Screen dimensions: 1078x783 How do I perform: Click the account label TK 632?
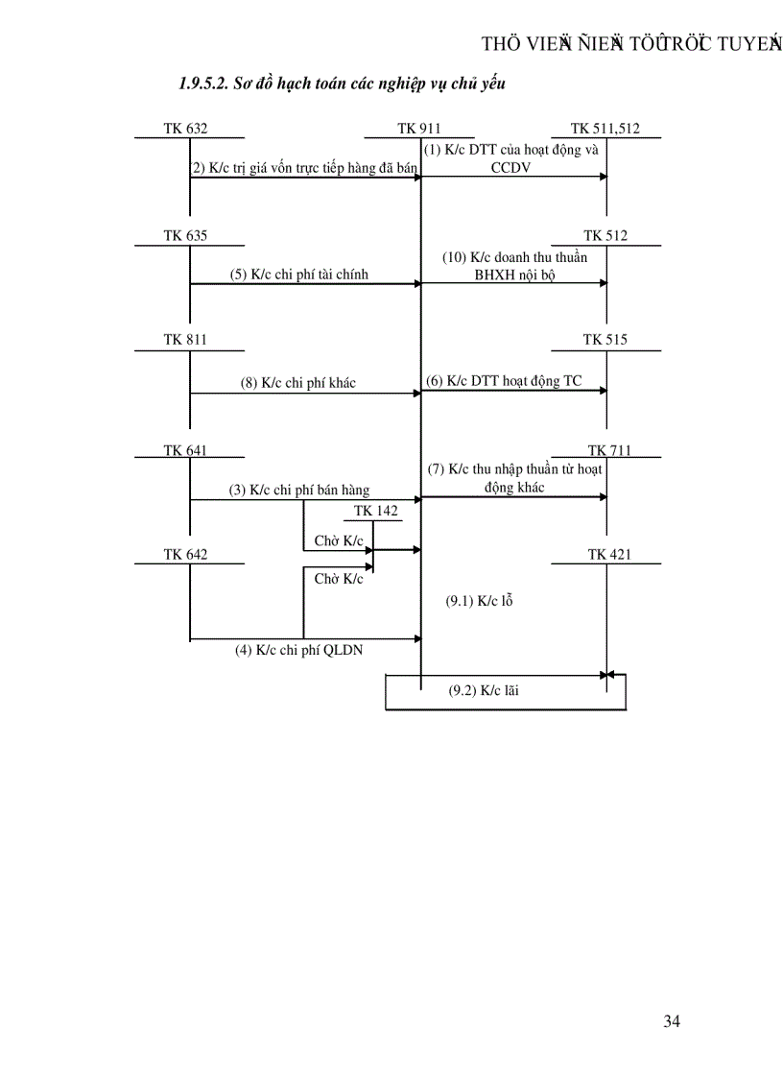[185, 129]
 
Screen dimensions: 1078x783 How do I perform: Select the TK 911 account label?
[418, 129]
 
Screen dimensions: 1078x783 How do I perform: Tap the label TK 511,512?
[605, 129]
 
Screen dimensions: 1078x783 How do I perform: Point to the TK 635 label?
[185, 236]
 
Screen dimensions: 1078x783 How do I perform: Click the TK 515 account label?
[605, 340]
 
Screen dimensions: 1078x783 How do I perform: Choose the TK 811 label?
[185, 340]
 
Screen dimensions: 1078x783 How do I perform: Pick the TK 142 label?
[375, 511]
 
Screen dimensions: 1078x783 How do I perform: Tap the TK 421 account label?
[609, 555]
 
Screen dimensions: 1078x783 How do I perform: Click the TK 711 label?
[609, 451]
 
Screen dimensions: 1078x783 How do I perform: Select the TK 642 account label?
[185, 555]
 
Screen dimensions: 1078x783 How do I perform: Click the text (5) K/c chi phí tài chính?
[298, 275]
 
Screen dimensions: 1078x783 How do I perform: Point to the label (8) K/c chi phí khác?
[297, 383]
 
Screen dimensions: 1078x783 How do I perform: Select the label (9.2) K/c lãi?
[484, 690]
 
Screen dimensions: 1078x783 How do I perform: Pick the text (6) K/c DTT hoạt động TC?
[504, 381]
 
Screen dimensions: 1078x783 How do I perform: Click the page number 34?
[672, 1021]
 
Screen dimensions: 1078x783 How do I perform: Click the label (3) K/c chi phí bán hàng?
[298, 491]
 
